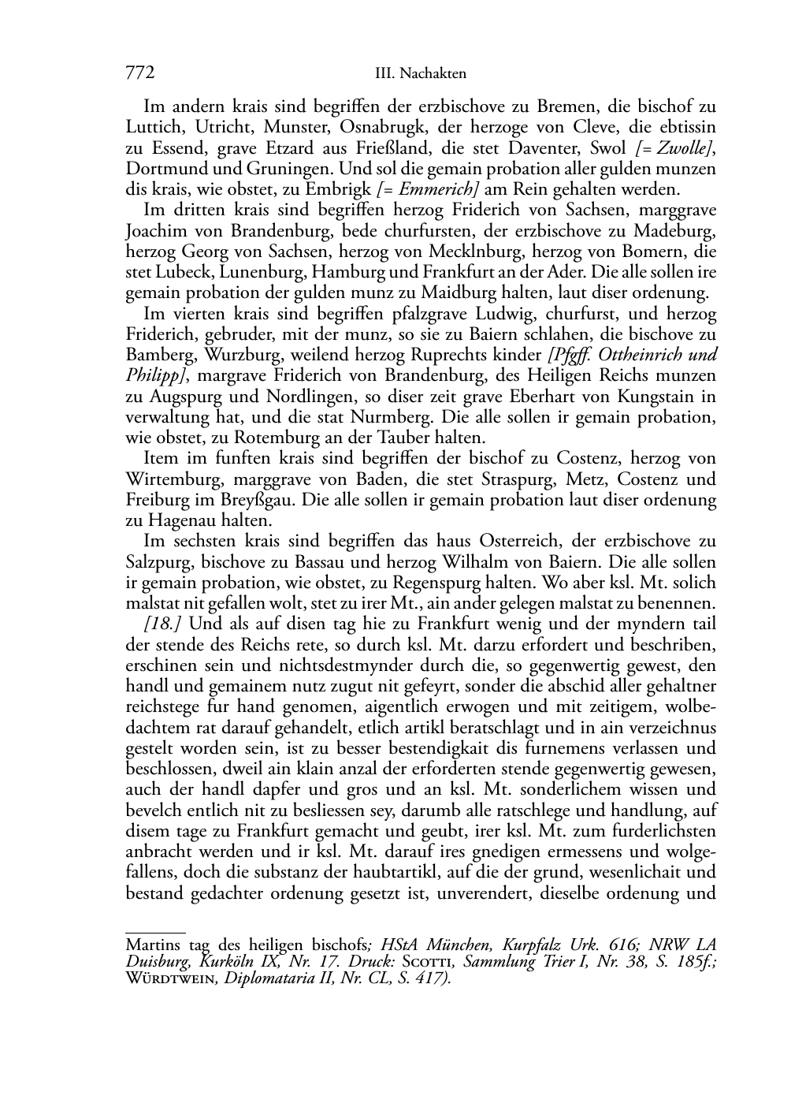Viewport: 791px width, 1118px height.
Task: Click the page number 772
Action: coord(139,73)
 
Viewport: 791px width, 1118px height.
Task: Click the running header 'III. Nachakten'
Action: coord(421,74)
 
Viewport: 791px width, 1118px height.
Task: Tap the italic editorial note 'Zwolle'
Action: coord(681,148)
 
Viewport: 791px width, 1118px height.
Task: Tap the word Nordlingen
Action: coord(296,397)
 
